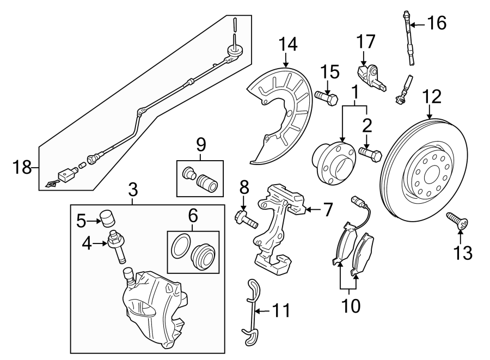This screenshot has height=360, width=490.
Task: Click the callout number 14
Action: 289,44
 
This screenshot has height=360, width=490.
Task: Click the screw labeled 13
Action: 456,221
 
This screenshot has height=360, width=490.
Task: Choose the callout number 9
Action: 201,144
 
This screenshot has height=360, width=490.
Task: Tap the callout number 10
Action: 348,306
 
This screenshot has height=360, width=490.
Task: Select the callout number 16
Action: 436,23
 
